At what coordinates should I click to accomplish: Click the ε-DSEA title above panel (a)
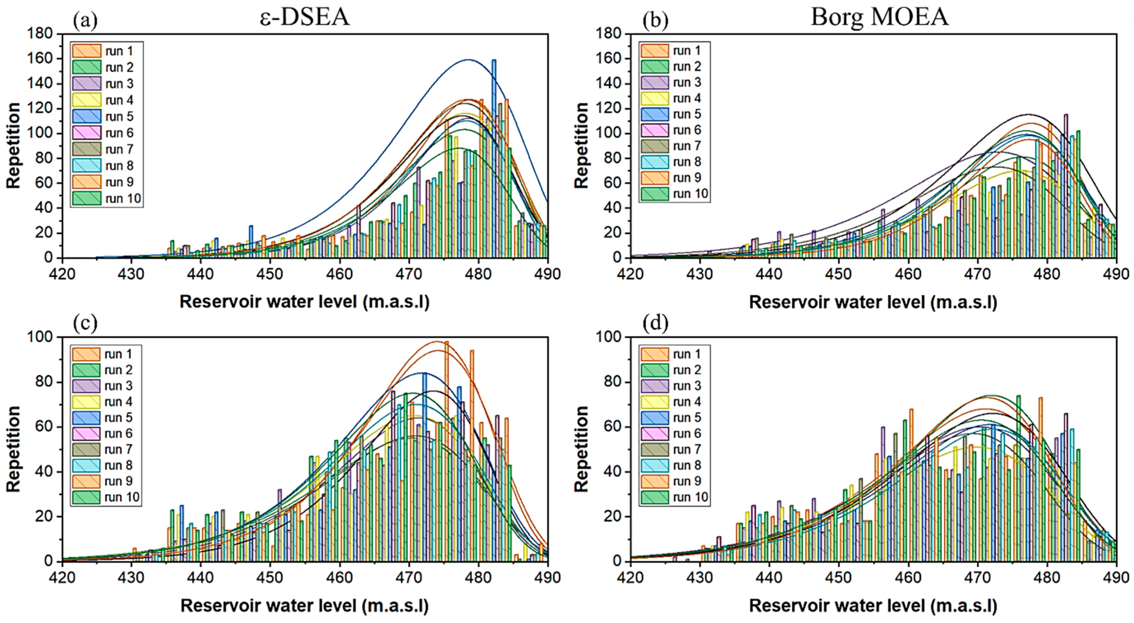tap(305, 17)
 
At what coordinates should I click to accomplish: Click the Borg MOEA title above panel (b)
tap(880, 17)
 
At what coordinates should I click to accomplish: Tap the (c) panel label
tap(85, 324)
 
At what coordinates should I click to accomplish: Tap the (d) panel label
tap(655, 324)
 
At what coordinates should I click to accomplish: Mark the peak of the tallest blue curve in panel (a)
tap(468, 59)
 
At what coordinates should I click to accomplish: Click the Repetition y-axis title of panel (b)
tap(582, 146)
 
